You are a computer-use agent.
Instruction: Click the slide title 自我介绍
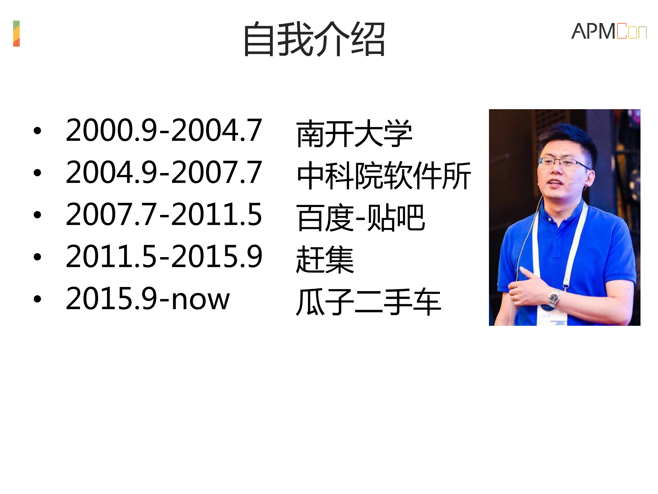pos(314,39)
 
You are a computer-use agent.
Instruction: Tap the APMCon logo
pos(609,31)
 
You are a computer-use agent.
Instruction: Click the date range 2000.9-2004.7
pos(164,130)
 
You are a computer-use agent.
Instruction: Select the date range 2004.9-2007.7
pos(164,172)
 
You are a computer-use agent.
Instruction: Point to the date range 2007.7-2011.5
pos(164,214)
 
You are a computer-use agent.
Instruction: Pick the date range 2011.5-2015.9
pos(164,256)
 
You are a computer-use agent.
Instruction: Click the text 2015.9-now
pos(147,299)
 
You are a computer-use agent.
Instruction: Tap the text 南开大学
pos(354,134)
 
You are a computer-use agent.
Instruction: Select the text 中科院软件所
pos(384,175)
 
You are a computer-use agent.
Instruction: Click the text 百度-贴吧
pos(360,218)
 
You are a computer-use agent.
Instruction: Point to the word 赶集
pos(324,260)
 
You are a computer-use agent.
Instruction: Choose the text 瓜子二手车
pos(368,302)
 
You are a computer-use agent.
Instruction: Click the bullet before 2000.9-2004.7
pos(37,131)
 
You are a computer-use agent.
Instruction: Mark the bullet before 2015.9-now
pos(37,299)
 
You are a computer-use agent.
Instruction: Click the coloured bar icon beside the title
pos(16,34)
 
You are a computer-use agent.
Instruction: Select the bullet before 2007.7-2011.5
pos(37,215)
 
